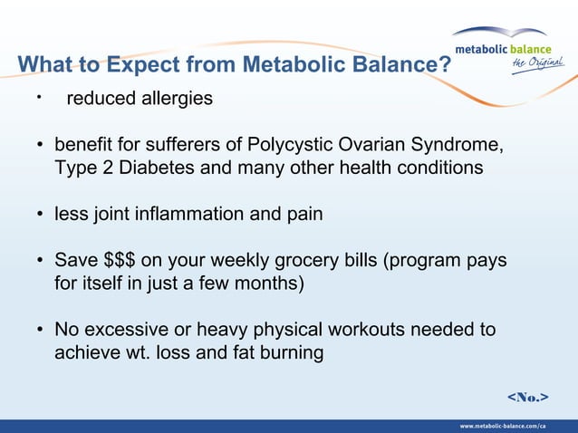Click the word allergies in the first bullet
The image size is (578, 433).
(x=172, y=99)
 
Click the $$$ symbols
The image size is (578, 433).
(x=117, y=261)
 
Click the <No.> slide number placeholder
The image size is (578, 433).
(x=526, y=397)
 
